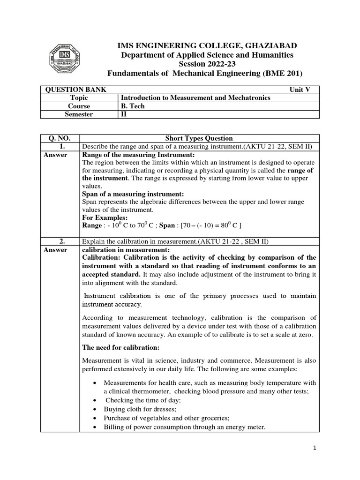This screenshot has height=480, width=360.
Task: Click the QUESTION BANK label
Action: (75, 90)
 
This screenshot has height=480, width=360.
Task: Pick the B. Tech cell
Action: (133, 106)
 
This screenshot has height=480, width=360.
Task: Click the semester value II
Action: (124, 114)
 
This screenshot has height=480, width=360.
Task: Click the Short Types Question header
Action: (199, 138)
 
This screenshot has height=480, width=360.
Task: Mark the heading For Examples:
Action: (105, 218)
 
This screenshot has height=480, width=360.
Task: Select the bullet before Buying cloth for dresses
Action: (96, 409)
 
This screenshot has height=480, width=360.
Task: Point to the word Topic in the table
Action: (79, 97)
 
